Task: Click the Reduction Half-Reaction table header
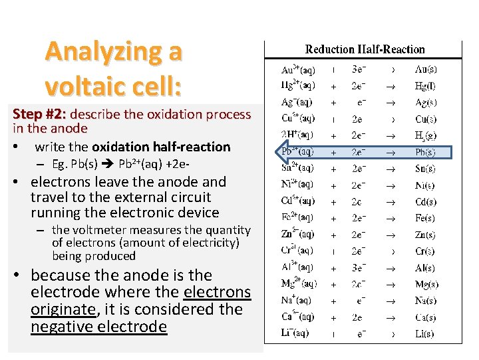(365, 49)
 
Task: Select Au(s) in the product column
(425, 69)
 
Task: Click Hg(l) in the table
(425, 85)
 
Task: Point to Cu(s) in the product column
(425, 119)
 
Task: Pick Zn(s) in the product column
(425, 235)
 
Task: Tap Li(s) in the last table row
(425, 333)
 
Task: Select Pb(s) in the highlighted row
(425, 151)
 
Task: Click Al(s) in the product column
(425, 267)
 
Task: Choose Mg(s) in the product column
(425, 284)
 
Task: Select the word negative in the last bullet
(61, 327)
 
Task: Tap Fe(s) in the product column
(425, 218)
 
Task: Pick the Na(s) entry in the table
(425, 300)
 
